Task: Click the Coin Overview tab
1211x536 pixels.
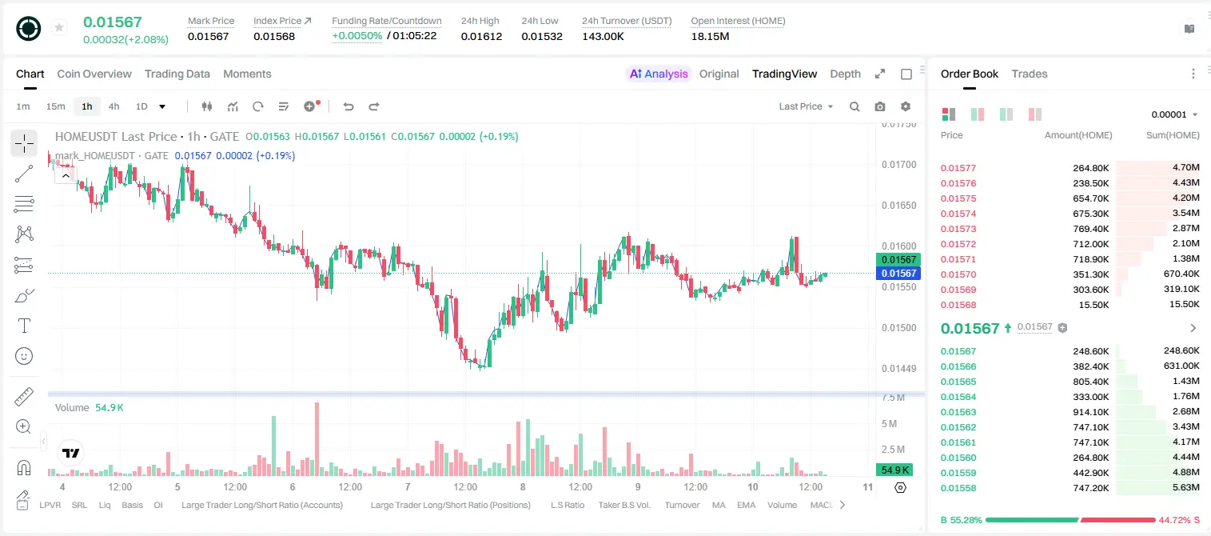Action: coord(94,74)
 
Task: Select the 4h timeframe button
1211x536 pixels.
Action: coord(114,106)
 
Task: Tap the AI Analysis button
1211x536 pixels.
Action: coord(659,74)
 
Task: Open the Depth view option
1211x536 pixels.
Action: coord(845,74)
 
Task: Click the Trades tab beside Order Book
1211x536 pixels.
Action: coord(1030,74)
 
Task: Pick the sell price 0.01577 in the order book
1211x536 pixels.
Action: coord(958,168)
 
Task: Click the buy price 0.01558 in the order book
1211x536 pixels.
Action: coord(958,488)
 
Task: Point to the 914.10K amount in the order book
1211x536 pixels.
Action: coord(1090,412)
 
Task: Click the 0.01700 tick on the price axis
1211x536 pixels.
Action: coord(899,165)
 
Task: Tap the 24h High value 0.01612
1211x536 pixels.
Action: coord(481,36)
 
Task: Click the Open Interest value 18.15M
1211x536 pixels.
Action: coord(710,36)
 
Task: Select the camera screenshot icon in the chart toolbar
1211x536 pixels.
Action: coord(880,106)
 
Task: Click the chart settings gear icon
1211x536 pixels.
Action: coord(906,106)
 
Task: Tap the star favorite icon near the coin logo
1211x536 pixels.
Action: coord(59,27)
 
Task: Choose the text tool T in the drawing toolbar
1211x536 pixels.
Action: coord(24,326)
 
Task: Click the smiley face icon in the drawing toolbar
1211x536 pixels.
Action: coord(24,356)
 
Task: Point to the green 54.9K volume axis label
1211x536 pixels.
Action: coord(894,470)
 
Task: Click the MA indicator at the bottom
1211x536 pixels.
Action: coord(719,505)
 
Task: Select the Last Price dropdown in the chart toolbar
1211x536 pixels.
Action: coord(806,106)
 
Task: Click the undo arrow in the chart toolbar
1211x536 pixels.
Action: coord(349,106)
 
